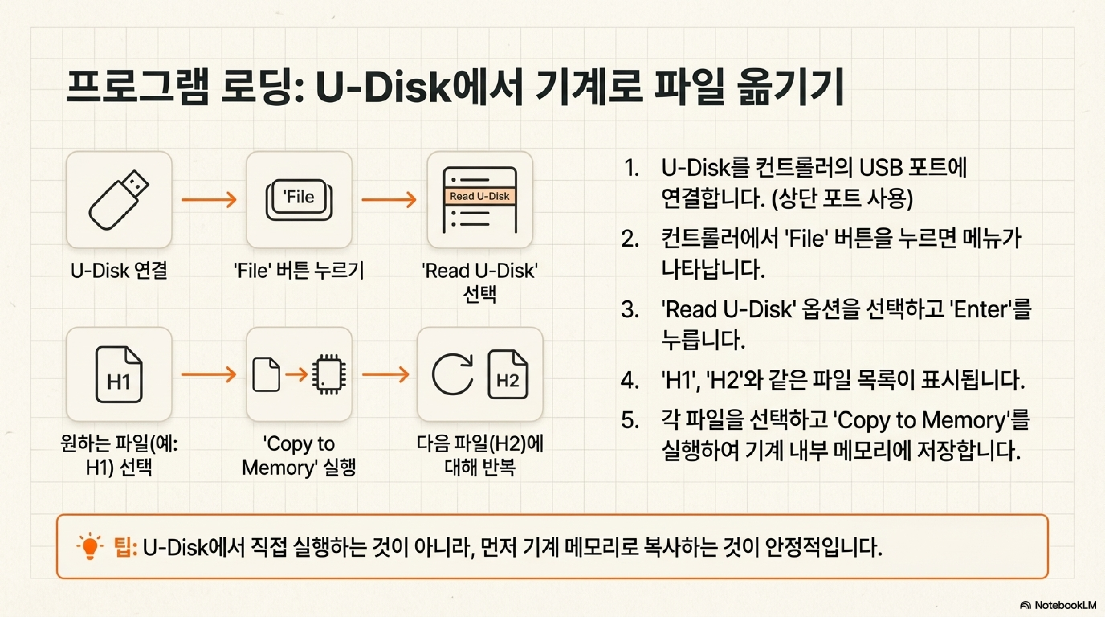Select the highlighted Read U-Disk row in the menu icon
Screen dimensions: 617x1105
pyautogui.click(x=480, y=196)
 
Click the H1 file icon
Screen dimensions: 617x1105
pyautogui.click(x=119, y=375)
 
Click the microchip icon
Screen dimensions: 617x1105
pyautogui.click(x=329, y=374)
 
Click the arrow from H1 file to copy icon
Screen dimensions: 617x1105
pyautogui.click(x=209, y=375)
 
